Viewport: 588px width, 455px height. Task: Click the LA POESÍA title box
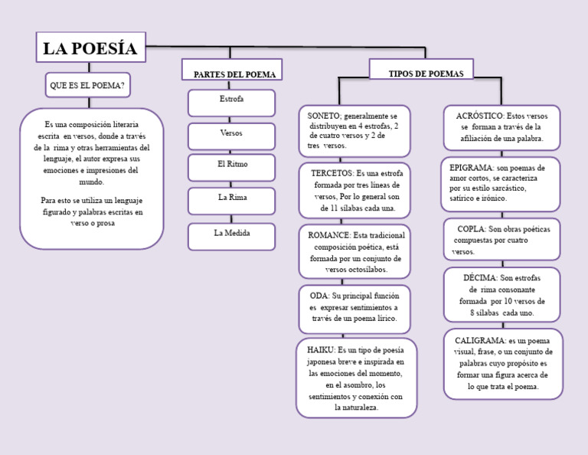pos(90,49)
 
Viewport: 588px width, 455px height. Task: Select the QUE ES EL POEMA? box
pos(87,85)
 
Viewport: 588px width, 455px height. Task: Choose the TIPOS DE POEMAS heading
pos(420,73)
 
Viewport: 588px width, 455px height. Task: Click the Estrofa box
pos(231,100)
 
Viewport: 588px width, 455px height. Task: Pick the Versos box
pos(231,133)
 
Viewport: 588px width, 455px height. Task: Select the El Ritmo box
pos(232,165)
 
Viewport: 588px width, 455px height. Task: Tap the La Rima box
pos(231,198)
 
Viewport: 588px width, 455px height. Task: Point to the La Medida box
pos(231,233)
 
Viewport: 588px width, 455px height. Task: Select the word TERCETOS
pos(332,174)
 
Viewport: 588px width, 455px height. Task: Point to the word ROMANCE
pos(328,235)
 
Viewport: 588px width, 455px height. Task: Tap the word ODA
pos(318,295)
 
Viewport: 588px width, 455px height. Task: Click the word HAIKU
pos(320,349)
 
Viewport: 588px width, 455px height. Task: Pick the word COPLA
pos(471,229)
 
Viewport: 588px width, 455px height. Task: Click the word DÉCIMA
pos(479,278)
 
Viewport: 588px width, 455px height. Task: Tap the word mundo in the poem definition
pos(91,182)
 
